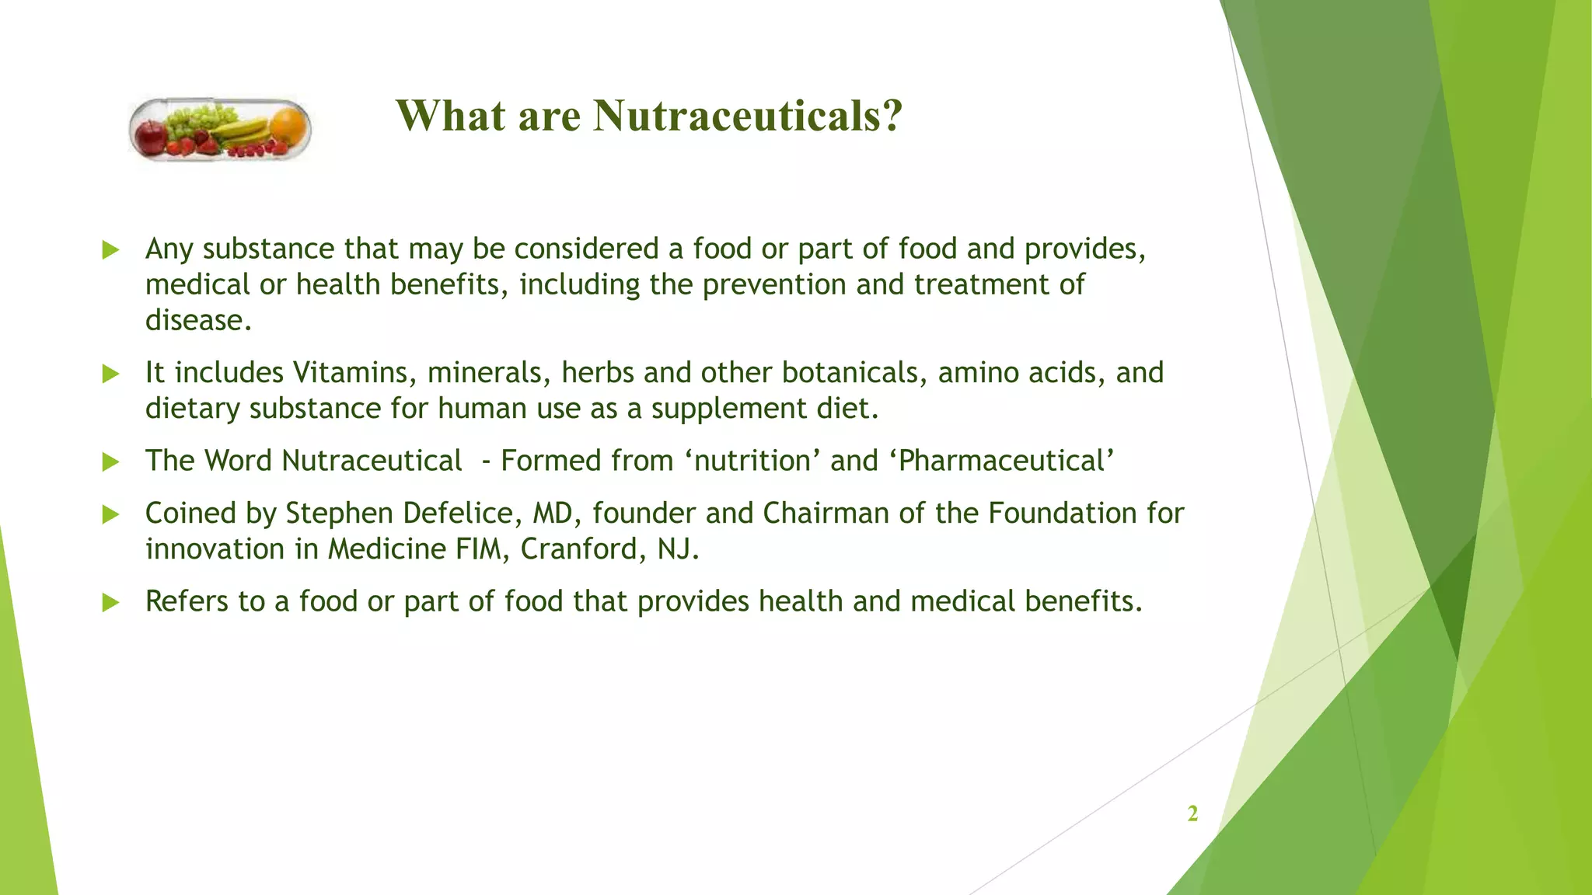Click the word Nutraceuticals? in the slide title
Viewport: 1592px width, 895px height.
tap(748, 116)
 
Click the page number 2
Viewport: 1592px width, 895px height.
tap(1192, 813)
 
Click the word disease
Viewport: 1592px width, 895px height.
tap(198, 320)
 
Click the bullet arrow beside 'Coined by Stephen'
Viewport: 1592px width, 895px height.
tap(110, 514)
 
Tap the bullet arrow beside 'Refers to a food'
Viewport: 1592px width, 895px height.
tap(110, 602)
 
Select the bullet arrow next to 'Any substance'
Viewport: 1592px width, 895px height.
tap(110, 250)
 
